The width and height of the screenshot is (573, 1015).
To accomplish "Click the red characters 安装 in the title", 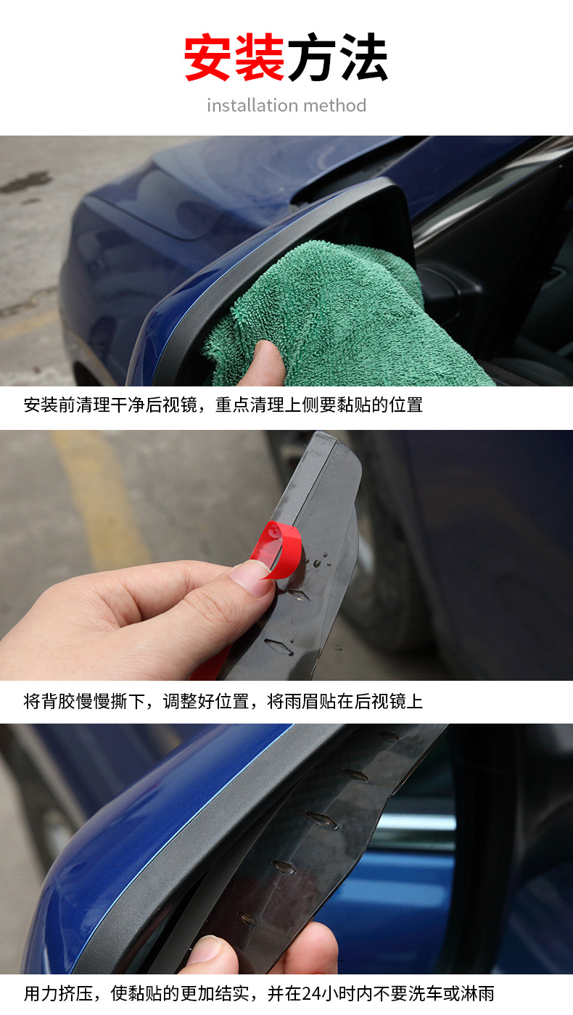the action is (x=234, y=57).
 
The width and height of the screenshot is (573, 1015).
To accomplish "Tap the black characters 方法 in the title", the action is (x=338, y=57).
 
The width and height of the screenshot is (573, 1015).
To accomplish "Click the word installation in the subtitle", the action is (x=252, y=106).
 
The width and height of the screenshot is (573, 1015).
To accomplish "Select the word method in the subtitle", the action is (x=335, y=106).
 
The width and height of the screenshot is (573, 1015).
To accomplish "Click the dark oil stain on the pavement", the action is (x=28, y=181).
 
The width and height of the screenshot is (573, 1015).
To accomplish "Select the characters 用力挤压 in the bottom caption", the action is (x=59, y=994).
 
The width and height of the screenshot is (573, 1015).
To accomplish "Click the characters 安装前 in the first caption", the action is (x=50, y=405).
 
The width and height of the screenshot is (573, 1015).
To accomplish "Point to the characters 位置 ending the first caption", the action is (x=405, y=405).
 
